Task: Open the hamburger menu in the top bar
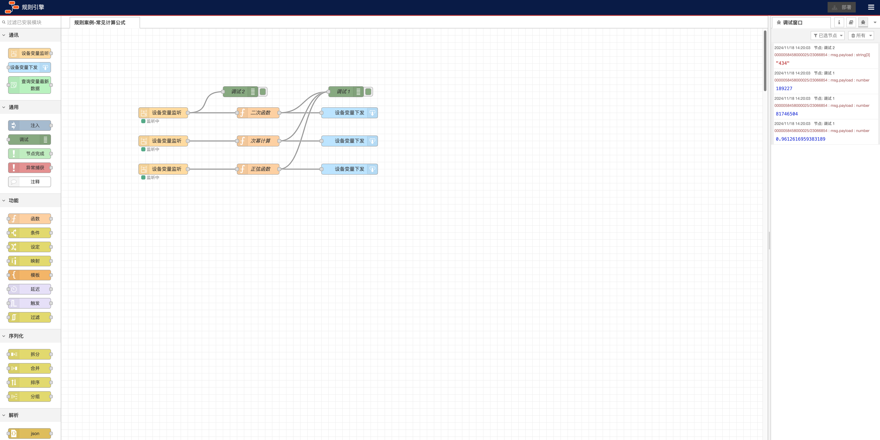[871, 7]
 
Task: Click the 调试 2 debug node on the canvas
[241, 92]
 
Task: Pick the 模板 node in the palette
[30, 275]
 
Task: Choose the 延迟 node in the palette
[30, 289]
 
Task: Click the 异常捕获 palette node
[30, 168]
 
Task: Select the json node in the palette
[30, 433]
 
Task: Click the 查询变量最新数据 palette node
[30, 85]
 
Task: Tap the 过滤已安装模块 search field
[31, 22]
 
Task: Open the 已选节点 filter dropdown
[827, 36]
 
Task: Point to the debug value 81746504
[787, 114]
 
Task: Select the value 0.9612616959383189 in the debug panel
[800, 139]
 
